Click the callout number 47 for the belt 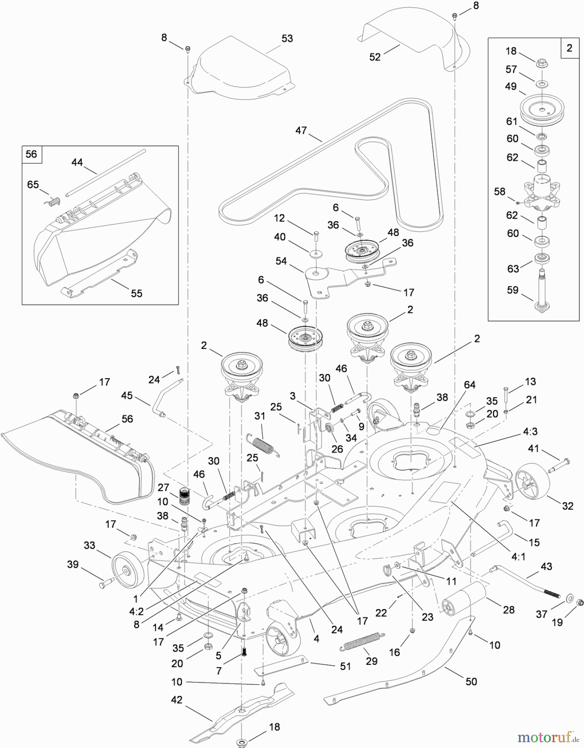tap(301, 130)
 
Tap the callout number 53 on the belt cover tap(287, 39)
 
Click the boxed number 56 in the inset tap(32, 154)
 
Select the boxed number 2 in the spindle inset tap(569, 48)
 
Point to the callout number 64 tap(469, 385)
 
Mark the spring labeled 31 tap(261, 444)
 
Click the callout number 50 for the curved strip tap(471, 682)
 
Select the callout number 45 tap(127, 395)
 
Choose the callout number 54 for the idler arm tap(281, 261)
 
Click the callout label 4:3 tap(530, 432)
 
